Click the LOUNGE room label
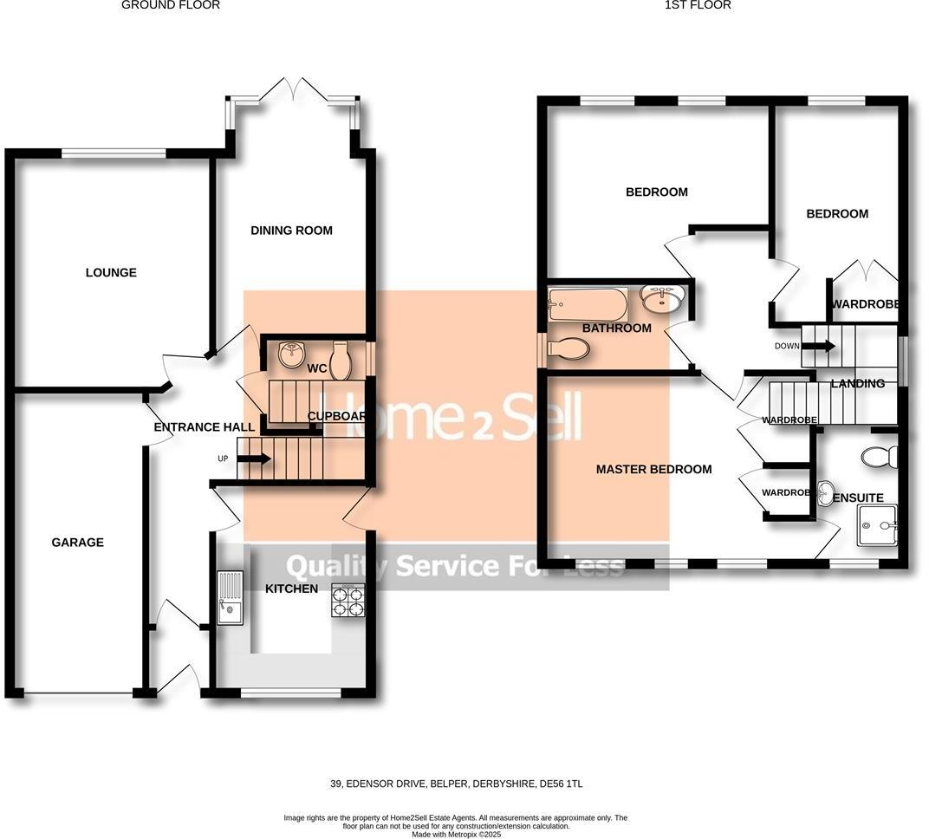click(111, 273)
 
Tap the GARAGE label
click(77, 543)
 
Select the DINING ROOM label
click(291, 231)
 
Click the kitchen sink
click(231, 597)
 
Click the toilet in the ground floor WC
click(340, 362)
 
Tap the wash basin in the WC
click(292, 353)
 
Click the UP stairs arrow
click(258, 459)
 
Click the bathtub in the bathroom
click(588, 305)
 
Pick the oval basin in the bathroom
click(663, 299)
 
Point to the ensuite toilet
click(879, 457)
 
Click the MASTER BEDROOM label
click(653, 470)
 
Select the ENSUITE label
click(858, 498)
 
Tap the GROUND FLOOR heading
click(171, 5)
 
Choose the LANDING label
click(858, 384)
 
